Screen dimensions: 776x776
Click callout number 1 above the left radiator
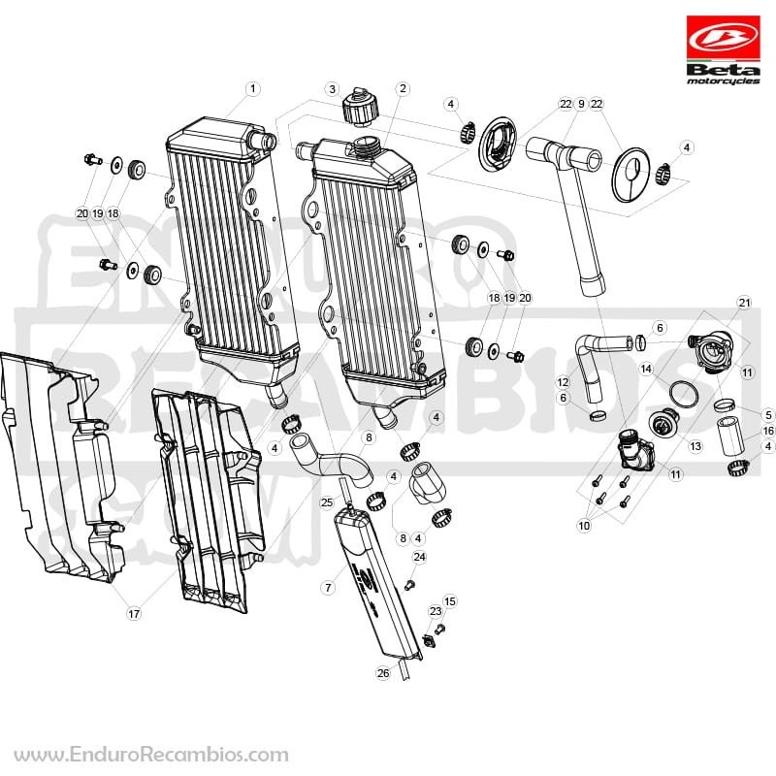(253, 89)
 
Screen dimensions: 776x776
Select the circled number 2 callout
(403, 88)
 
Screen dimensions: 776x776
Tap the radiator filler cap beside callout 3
(360, 106)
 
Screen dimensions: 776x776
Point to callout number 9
(581, 104)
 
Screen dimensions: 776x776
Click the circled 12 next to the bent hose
(563, 382)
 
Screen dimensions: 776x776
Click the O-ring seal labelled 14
(684, 393)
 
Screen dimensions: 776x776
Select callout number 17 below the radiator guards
(134, 614)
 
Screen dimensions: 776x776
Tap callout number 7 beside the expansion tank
(328, 588)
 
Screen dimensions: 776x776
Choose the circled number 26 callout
(383, 673)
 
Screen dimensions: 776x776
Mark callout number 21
(744, 303)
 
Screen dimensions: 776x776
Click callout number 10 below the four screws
(584, 525)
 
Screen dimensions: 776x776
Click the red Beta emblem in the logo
(723, 39)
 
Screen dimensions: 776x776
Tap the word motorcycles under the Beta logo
(723, 81)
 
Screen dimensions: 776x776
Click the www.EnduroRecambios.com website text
(151, 755)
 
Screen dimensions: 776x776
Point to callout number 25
(327, 502)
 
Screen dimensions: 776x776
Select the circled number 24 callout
(420, 557)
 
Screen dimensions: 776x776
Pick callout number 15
(449, 601)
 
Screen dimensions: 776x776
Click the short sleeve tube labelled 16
(731, 436)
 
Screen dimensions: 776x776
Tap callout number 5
(768, 415)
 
